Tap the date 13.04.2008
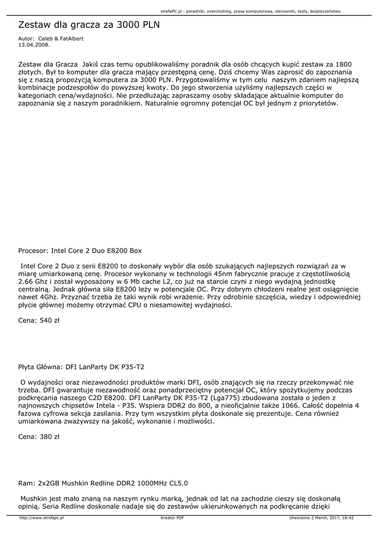click(x=33, y=45)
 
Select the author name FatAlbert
click(x=71, y=39)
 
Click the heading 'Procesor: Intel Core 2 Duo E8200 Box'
click(x=80, y=250)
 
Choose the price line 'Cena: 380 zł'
click(x=39, y=437)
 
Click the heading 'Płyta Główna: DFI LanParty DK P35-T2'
click(x=81, y=367)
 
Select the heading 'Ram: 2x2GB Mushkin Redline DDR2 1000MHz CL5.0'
click(x=102, y=483)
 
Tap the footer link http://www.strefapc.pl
click(x=41, y=518)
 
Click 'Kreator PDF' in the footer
click(x=172, y=518)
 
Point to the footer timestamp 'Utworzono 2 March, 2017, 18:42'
click(x=321, y=518)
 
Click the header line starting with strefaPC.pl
click(x=250, y=11)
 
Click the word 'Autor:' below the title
click(x=26, y=39)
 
